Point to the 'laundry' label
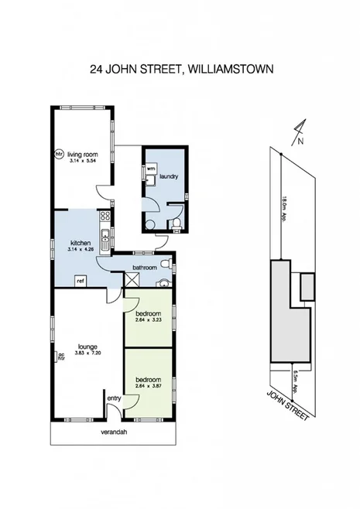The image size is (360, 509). [x=169, y=176]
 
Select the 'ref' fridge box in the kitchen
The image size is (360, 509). [x=78, y=281]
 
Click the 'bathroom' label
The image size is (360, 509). [x=145, y=268]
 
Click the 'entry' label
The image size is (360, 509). [x=114, y=398]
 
